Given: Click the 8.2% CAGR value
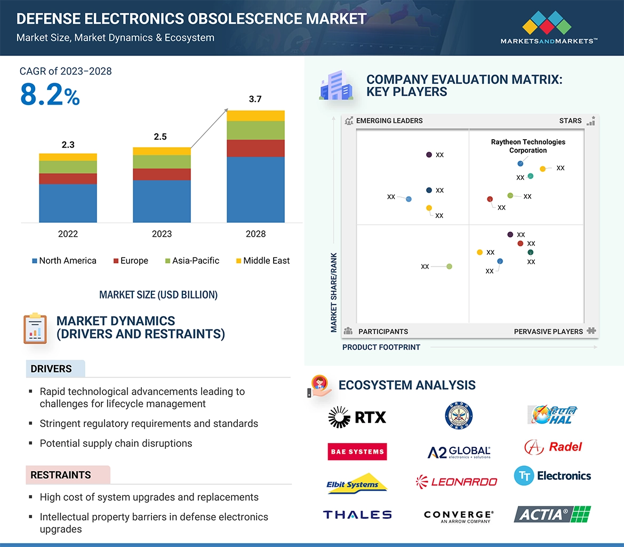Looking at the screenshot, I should click(x=50, y=95).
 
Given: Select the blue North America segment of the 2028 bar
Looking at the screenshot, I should click(x=255, y=189).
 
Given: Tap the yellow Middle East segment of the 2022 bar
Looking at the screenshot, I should click(x=68, y=157).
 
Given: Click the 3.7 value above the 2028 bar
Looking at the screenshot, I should click(x=255, y=99).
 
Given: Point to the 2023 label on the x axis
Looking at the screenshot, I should click(x=162, y=234).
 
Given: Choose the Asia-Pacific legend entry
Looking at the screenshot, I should click(x=191, y=261).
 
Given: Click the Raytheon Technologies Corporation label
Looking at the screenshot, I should click(x=528, y=146).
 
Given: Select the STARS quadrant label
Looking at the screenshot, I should click(x=570, y=120).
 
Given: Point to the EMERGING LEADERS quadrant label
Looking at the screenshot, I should click(x=389, y=120).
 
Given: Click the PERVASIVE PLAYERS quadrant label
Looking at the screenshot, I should click(x=548, y=332).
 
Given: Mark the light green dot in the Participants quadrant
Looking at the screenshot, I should click(x=449, y=267).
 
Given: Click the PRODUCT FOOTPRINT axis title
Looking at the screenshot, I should click(x=381, y=347).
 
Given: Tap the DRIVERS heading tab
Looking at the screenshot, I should click(x=51, y=369).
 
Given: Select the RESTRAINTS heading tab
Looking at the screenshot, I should click(x=61, y=475).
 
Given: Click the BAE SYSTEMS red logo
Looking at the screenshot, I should click(x=357, y=452).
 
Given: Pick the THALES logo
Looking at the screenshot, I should click(x=357, y=514).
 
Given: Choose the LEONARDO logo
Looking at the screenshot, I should click(x=457, y=482).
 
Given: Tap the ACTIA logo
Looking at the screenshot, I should click(x=552, y=514).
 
